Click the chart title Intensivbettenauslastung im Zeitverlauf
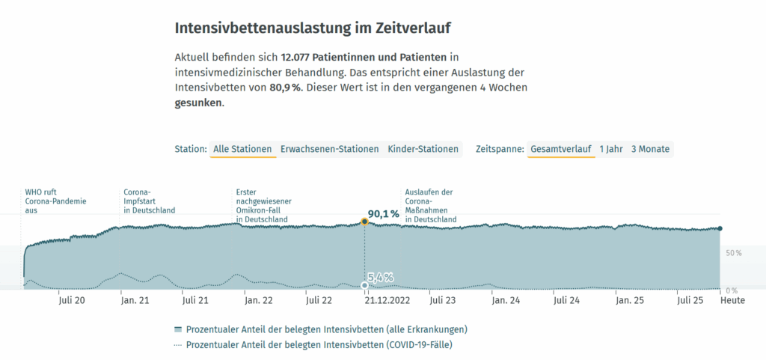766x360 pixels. coord(313,28)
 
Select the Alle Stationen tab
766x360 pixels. coord(242,149)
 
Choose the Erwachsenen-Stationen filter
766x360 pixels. coord(329,149)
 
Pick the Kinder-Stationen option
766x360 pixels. coord(423,149)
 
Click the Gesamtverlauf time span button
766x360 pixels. coord(560,149)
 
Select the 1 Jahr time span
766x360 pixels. coord(611,149)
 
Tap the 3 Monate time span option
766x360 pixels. coord(650,149)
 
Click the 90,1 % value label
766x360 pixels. coord(384,215)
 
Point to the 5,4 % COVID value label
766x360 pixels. coord(381,278)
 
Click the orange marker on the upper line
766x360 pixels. coord(364,222)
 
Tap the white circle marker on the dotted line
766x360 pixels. coord(364,285)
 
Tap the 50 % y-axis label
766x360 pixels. coord(733,253)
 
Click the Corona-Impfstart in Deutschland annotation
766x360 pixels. coord(149,201)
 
